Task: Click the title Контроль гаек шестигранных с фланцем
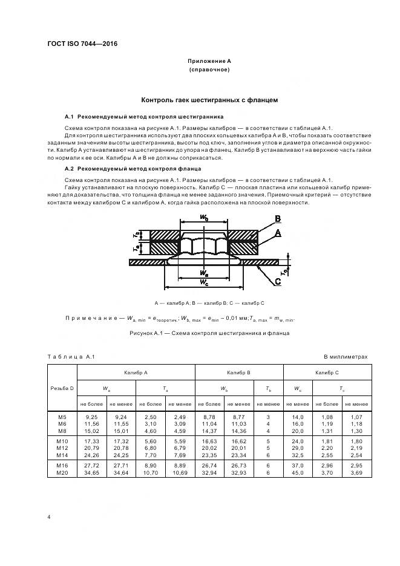(209, 100)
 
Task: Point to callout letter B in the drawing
(277, 219)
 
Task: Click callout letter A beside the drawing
(277, 233)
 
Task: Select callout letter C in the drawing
(277, 281)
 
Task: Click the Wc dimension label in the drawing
(203, 282)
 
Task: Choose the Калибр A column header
(136, 374)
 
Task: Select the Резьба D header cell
(61, 388)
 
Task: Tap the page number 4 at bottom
(48, 517)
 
